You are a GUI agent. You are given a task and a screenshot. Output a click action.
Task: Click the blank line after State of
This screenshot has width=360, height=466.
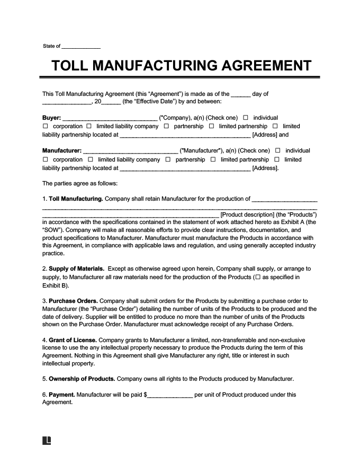[81, 47]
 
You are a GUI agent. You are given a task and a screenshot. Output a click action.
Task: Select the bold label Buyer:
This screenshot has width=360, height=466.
[51, 118]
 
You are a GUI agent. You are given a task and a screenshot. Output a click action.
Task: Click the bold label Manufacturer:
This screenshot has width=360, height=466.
[61, 151]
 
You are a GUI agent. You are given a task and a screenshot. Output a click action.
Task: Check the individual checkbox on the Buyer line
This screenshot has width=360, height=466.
[246, 118]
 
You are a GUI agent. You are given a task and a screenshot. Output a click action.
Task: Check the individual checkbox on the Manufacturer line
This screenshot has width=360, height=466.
[278, 151]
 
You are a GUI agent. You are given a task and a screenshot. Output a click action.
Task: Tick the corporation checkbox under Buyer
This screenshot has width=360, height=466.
[45, 127]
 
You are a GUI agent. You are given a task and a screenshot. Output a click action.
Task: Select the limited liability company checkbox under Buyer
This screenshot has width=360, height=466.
[89, 127]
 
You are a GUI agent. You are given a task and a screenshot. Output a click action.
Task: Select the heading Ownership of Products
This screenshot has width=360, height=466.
[82, 379]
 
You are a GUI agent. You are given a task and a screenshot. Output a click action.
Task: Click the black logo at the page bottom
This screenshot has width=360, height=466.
[47, 441]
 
